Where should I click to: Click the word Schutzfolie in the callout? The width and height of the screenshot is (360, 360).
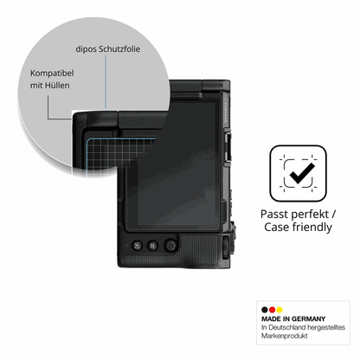coord(119,49)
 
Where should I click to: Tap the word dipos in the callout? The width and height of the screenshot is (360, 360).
coord(86,49)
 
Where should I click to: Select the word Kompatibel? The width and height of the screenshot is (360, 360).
coord(52,74)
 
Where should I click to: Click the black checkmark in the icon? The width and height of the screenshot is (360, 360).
coord(302,174)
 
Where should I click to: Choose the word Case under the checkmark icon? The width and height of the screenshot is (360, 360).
coord(277,227)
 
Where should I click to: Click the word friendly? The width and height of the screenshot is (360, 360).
coord(312,228)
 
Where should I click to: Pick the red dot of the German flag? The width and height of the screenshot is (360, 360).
coord(272,310)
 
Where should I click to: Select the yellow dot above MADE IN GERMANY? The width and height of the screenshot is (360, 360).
coord(280,310)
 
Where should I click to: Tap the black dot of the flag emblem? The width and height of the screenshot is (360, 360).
coord(265,310)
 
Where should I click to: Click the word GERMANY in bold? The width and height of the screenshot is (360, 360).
coord(308,319)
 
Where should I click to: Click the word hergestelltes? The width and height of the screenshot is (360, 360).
coord(326,327)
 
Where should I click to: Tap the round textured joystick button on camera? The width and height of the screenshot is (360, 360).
coord(170,246)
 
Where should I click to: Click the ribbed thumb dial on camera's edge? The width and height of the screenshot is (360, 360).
coord(226,247)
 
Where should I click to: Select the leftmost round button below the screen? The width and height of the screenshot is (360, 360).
coord(137,246)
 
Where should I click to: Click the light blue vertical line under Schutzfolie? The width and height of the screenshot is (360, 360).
coord(106,81)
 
